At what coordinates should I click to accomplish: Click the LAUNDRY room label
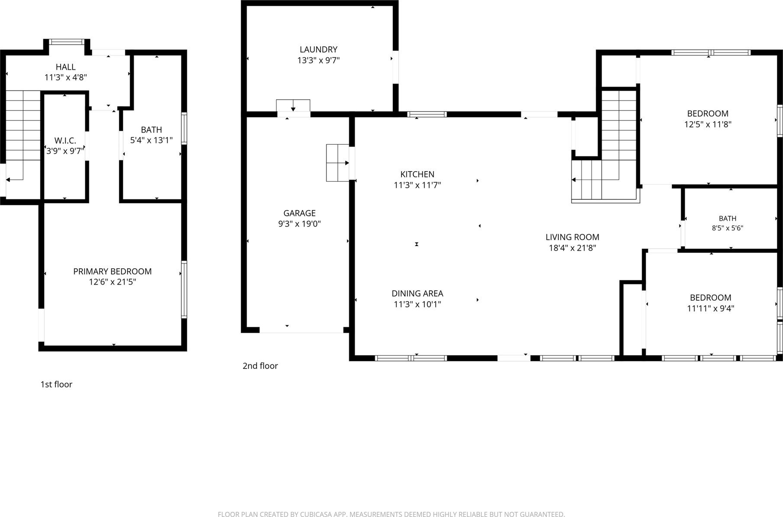coord(318,49)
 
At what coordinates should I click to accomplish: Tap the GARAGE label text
coord(300,213)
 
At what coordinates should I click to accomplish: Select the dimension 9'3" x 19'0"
coord(300,224)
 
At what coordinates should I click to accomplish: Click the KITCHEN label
coord(417,174)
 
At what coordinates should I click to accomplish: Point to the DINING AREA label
coord(418,293)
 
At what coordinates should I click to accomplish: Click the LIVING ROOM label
coord(572,237)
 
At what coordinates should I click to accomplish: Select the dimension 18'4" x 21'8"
coord(572,248)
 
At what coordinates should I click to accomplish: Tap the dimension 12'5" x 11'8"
coord(708,124)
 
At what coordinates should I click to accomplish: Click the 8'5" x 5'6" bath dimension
coord(728,228)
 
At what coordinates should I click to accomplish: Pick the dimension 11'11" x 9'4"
coord(711,309)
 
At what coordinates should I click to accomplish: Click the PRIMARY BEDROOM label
coord(112,271)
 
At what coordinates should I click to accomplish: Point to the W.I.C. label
coord(65,140)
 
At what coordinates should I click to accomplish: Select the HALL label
coord(65,67)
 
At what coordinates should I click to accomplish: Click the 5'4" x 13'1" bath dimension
coord(151,140)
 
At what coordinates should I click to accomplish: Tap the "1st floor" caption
coord(56,384)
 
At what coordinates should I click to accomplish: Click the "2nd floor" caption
coord(260,366)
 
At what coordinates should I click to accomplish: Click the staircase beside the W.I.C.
coord(23,136)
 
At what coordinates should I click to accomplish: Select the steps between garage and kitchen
coord(338,163)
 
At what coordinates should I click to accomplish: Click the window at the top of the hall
coord(66,42)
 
